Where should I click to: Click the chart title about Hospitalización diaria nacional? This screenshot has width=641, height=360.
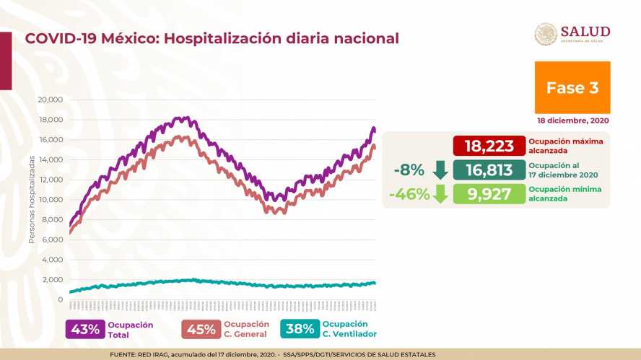tap(212, 38)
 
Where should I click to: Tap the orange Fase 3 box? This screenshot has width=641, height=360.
tap(572, 87)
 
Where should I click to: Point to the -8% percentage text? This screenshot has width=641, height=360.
tap(409, 170)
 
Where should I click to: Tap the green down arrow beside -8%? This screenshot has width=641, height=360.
tap(440, 170)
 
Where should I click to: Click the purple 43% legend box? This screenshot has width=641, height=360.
tap(84, 329)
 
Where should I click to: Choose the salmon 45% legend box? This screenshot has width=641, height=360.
tap(201, 329)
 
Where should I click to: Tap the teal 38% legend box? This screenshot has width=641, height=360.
tap(300, 329)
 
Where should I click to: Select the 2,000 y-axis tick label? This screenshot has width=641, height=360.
tap(52, 280)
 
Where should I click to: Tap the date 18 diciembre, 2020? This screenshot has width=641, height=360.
tap(572, 120)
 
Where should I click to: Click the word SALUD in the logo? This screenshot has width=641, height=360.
tap(585, 31)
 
